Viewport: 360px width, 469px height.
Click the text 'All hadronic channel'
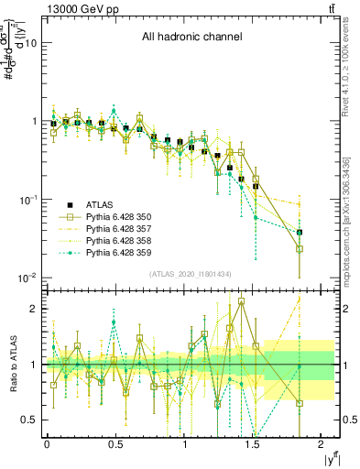click(x=191, y=38)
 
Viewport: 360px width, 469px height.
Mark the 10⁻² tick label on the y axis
click(x=27, y=278)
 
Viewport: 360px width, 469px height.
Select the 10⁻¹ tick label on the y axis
click(x=27, y=200)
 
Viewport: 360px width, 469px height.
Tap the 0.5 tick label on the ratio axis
click(x=30, y=420)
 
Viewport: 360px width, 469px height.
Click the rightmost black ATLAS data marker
click(x=300, y=233)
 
